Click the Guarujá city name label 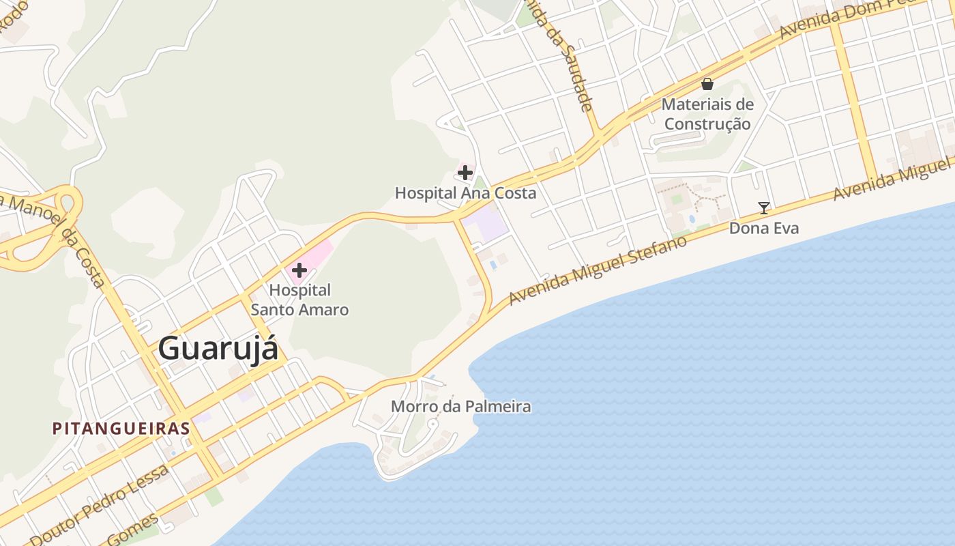coord(218,349)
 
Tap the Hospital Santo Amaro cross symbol coord(299,270)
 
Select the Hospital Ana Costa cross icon coord(465,172)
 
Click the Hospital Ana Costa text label coord(465,193)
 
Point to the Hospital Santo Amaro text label coord(300,300)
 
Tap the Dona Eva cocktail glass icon coord(764,208)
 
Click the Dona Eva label coord(764,228)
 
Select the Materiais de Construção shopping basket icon coord(707,84)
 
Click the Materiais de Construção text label coord(708,114)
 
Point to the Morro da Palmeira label coord(460,407)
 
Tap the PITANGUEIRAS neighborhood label coord(121,429)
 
